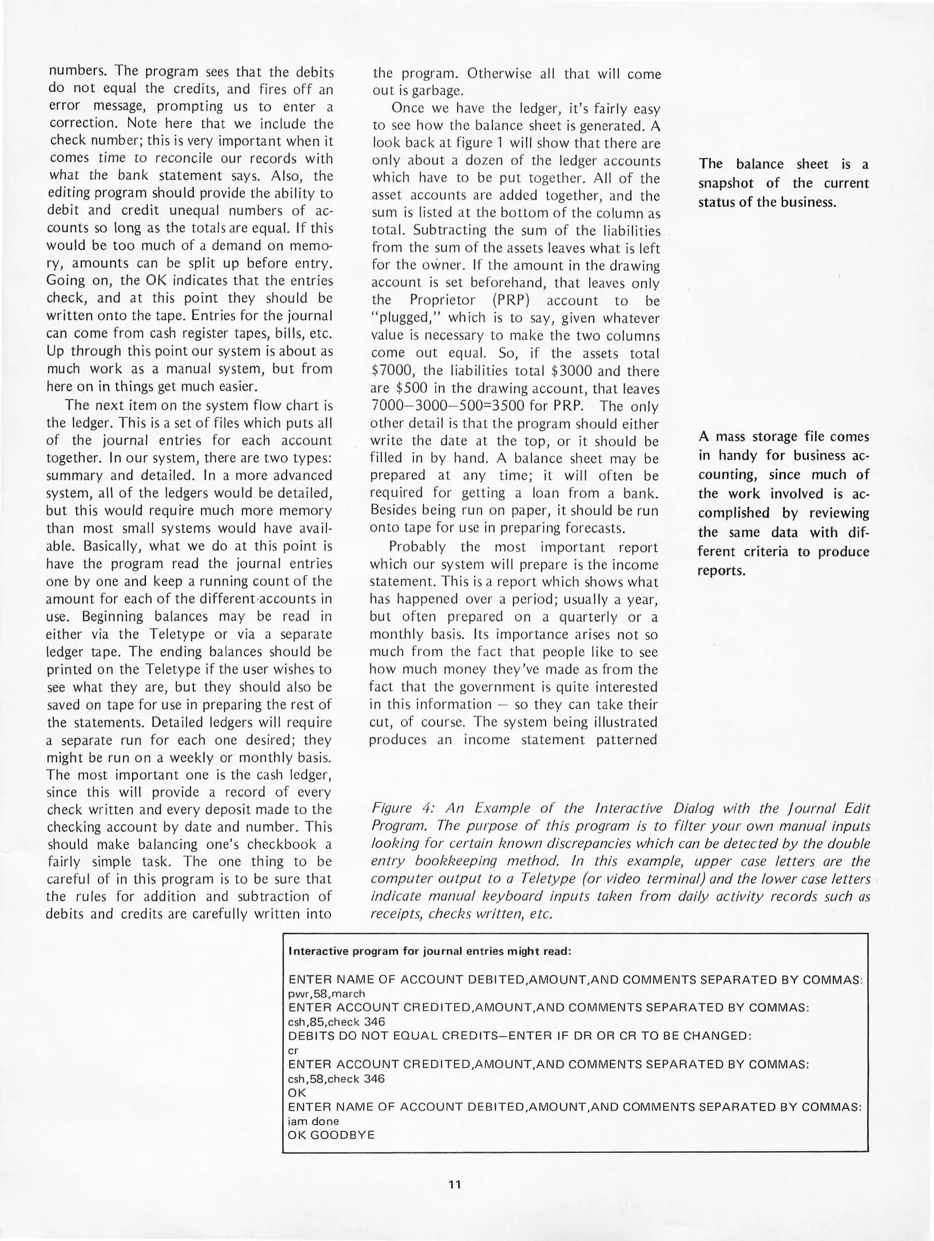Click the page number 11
tap(454, 1184)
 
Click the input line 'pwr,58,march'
tap(326, 993)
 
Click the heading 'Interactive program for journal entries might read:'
tap(429, 951)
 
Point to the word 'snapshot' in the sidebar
tap(727, 183)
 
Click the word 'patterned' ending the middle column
tap(626, 739)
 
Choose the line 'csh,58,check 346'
tap(336, 1078)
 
